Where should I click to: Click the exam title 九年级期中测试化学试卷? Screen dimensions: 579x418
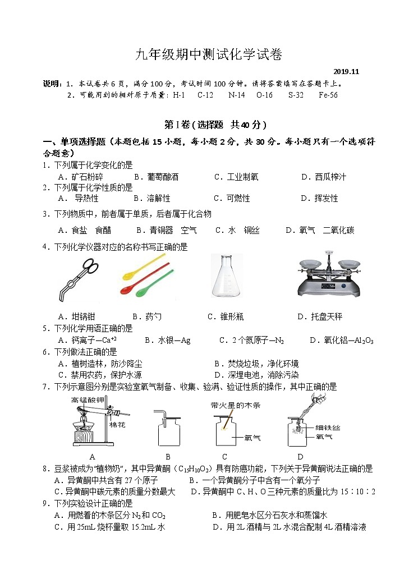pyautogui.click(x=209, y=54)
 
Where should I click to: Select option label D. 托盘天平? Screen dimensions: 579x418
pyautogui.click(x=319, y=317)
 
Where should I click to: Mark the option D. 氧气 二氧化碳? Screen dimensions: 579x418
pyautogui.click(x=320, y=230)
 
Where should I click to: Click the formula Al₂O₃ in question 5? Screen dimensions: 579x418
pyautogui.click(x=365, y=341)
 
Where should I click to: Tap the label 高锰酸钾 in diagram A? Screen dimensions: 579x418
pyautogui.click(x=88, y=400)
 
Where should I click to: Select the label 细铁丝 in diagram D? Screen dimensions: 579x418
pyautogui.click(x=328, y=428)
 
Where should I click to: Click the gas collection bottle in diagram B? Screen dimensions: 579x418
pyautogui.click(x=168, y=432)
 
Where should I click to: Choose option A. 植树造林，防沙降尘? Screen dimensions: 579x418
pyautogui.click(x=100, y=364)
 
